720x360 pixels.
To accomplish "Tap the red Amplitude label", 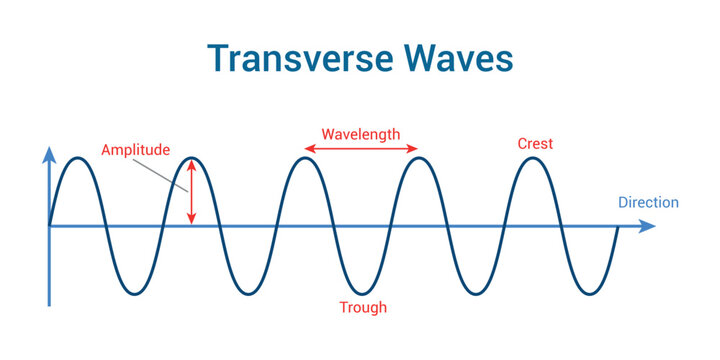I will [135, 150].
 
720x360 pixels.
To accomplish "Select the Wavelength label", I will [360, 133].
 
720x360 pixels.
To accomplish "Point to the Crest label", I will [535, 144].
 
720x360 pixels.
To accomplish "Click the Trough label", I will [363, 307].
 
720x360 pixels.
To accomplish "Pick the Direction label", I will [648, 202].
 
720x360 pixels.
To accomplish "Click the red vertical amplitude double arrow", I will [192, 192].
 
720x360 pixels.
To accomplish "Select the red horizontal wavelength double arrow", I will [361, 149].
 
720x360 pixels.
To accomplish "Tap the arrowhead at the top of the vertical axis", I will [48, 153].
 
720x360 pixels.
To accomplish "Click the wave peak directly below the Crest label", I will [535, 159].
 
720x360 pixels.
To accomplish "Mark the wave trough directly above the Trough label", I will [363, 293].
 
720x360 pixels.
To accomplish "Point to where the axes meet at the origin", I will [48, 226].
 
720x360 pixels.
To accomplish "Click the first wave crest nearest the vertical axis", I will [77, 159].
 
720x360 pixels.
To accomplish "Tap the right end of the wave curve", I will [619, 227].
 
